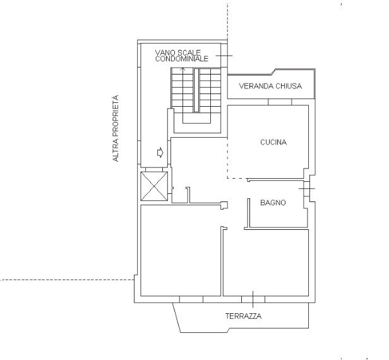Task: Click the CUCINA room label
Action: coord(273,142)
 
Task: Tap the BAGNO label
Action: coord(273,203)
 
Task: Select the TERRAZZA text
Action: coord(243,316)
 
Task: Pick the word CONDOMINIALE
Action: coord(182,59)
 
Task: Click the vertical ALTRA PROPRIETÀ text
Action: coord(116,128)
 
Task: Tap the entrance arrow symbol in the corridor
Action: coord(160,152)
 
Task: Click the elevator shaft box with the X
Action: coord(154,186)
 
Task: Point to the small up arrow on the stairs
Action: coord(183,69)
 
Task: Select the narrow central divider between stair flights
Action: coord(196,90)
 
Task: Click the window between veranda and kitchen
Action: coord(280,102)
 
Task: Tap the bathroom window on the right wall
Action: coord(307,189)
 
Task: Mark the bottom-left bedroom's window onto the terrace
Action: coord(191,299)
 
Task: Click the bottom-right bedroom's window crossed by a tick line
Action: coord(253,299)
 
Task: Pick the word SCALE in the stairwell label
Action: coord(189,52)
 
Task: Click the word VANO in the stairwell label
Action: coord(165,52)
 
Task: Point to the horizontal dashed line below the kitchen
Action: coord(237,178)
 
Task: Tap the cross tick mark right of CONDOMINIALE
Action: coord(224,56)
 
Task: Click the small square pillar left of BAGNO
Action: coord(224,205)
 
